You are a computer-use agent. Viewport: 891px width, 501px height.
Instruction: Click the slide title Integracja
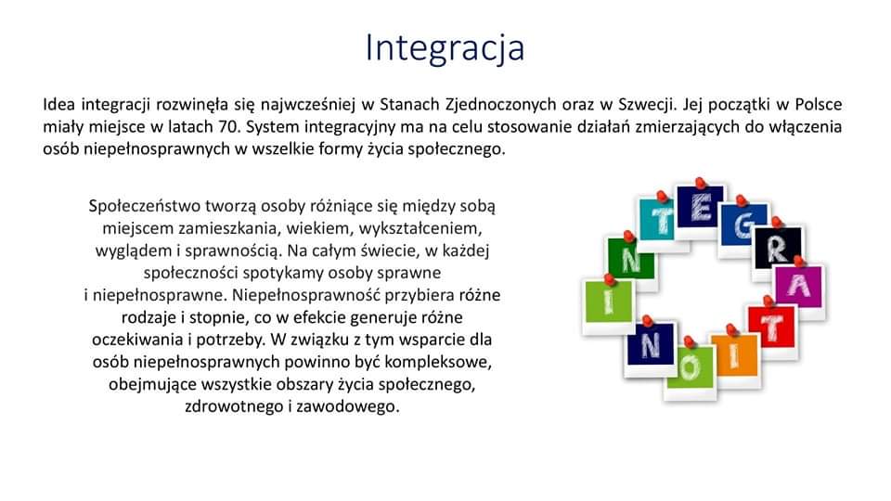445,48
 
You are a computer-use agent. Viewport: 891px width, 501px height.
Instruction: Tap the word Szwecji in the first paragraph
647,105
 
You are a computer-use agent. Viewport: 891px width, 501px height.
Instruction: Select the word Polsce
819,105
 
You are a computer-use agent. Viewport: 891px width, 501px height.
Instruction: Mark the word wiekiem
317,228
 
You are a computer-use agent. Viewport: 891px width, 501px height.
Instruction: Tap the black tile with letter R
778,250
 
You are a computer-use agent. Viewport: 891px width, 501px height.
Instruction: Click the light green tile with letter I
609,302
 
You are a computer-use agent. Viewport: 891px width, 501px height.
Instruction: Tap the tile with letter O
690,369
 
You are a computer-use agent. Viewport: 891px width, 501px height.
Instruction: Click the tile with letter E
701,208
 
